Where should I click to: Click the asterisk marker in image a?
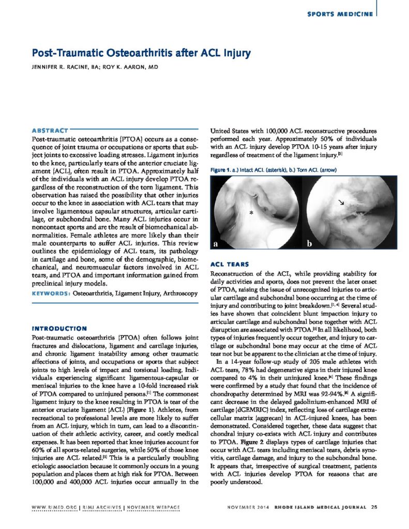251,212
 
